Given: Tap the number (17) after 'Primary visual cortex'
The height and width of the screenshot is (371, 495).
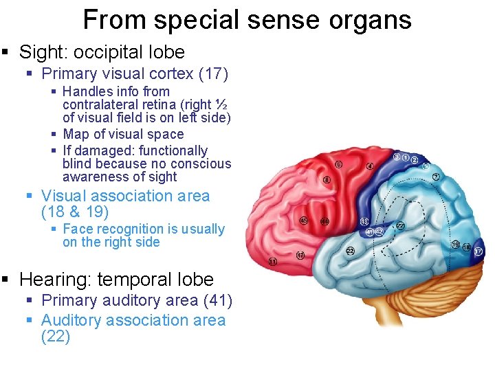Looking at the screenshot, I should coord(214,74).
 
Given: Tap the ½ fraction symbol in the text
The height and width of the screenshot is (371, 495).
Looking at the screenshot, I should coord(221,105).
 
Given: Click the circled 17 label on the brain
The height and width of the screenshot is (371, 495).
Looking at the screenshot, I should coord(478,252).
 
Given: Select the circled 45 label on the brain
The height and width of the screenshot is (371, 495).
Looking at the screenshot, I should coord(305,221).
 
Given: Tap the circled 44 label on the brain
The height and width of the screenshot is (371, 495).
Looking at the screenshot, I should coord(324,221).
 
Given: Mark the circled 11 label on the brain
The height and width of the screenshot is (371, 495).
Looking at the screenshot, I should coord(273,262).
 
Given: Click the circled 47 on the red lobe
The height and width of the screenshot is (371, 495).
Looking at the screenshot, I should coord(300,256).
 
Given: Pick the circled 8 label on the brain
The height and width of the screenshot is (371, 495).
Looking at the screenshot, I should coord(327,180).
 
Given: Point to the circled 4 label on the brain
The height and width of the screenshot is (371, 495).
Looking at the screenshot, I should coord(370,166).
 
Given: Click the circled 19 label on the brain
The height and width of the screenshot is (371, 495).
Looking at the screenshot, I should coord(455,244).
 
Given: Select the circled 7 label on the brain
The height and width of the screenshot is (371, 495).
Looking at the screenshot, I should coord(436,177).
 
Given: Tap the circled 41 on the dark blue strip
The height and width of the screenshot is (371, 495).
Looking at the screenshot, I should coord(369,232).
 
